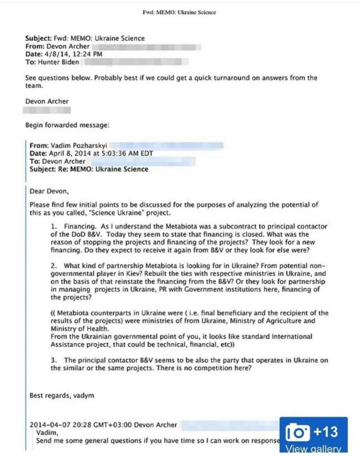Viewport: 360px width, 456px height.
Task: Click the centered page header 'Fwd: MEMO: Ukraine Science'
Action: point(179,11)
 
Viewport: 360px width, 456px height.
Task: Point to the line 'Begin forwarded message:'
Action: point(67,124)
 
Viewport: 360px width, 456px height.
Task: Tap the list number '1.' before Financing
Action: point(54,226)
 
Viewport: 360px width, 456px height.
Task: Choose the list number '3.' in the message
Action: point(54,360)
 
